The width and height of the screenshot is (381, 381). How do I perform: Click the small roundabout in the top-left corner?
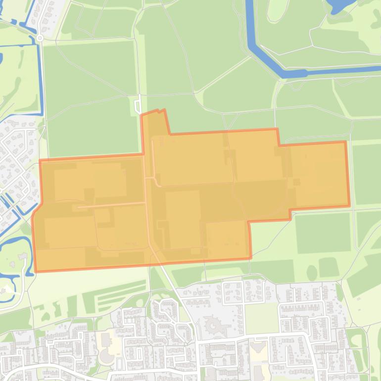pyautogui.click(x=40, y=38)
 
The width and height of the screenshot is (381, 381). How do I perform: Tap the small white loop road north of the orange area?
pyautogui.click(x=138, y=106)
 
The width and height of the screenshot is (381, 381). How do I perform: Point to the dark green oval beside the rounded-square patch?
pyautogui.click(x=312, y=273)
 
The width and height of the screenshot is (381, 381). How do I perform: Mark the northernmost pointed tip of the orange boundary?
pyautogui.click(x=163, y=110)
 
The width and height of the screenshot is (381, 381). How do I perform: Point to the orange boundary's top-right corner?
pyautogui.click(x=345, y=142)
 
